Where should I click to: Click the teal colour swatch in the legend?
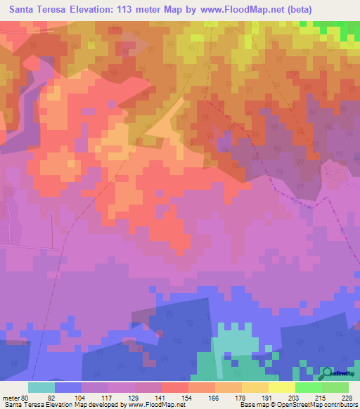pos(41,387)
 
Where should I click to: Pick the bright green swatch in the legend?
pos(309,387)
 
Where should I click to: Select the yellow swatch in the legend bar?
pos(282,387)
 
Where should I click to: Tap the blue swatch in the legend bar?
pos(68,387)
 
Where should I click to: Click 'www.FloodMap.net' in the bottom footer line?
pos(153,405)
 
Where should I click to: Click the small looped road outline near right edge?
pos(339,171)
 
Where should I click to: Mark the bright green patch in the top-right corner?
pos(337,30)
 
